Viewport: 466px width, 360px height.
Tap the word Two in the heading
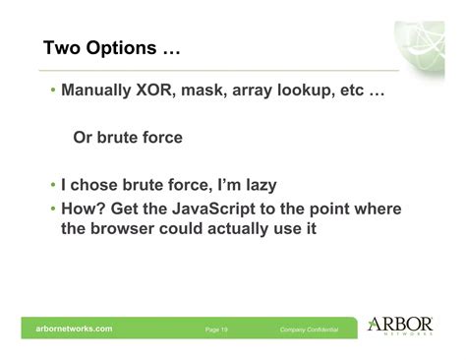click(x=63, y=47)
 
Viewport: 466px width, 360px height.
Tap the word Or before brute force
click(x=85, y=138)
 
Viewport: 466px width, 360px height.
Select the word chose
click(x=93, y=185)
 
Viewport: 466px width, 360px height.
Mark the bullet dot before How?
click(x=53, y=209)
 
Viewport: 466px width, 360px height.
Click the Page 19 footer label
click(x=217, y=330)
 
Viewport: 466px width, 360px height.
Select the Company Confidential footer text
click(x=309, y=330)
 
